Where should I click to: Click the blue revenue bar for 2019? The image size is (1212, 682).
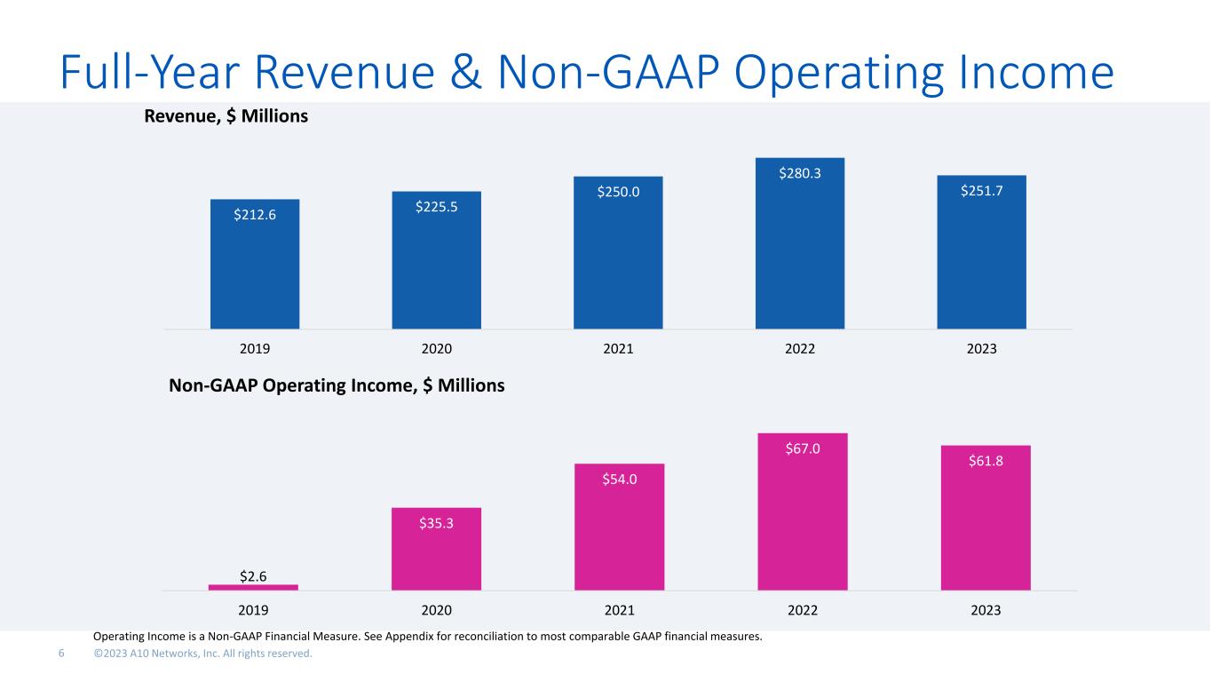tap(255, 264)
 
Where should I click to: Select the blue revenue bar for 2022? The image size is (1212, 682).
tap(800, 243)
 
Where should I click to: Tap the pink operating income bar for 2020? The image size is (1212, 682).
tap(436, 549)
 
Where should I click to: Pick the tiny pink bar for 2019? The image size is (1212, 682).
tap(253, 587)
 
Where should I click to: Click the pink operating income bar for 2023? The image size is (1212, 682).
tap(986, 518)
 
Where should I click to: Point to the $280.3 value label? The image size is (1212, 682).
tap(800, 173)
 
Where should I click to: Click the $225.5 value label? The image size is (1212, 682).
tap(436, 207)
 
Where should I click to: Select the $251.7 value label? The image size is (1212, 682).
tap(981, 191)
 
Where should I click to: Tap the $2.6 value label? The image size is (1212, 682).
tap(253, 576)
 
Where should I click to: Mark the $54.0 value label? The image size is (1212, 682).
tap(620, 479)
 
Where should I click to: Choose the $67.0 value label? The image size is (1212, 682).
tap(803, 448)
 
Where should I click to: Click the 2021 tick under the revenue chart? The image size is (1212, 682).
tap(618, 349)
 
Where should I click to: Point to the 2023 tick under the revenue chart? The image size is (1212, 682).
tap(981, 349)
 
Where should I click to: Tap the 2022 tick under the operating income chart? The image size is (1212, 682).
tap(803, 610)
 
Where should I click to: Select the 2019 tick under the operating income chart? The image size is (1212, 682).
tap(253, 610)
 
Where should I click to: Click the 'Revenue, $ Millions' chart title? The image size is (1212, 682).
tap(226, 115)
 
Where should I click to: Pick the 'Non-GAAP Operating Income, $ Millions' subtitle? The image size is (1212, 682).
tap(337, 385)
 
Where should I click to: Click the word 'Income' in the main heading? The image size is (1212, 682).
tap(1035, 72)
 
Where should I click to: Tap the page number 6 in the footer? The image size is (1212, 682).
tap(61, 654)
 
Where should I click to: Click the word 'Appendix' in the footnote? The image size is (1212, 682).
tap(409, 637)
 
